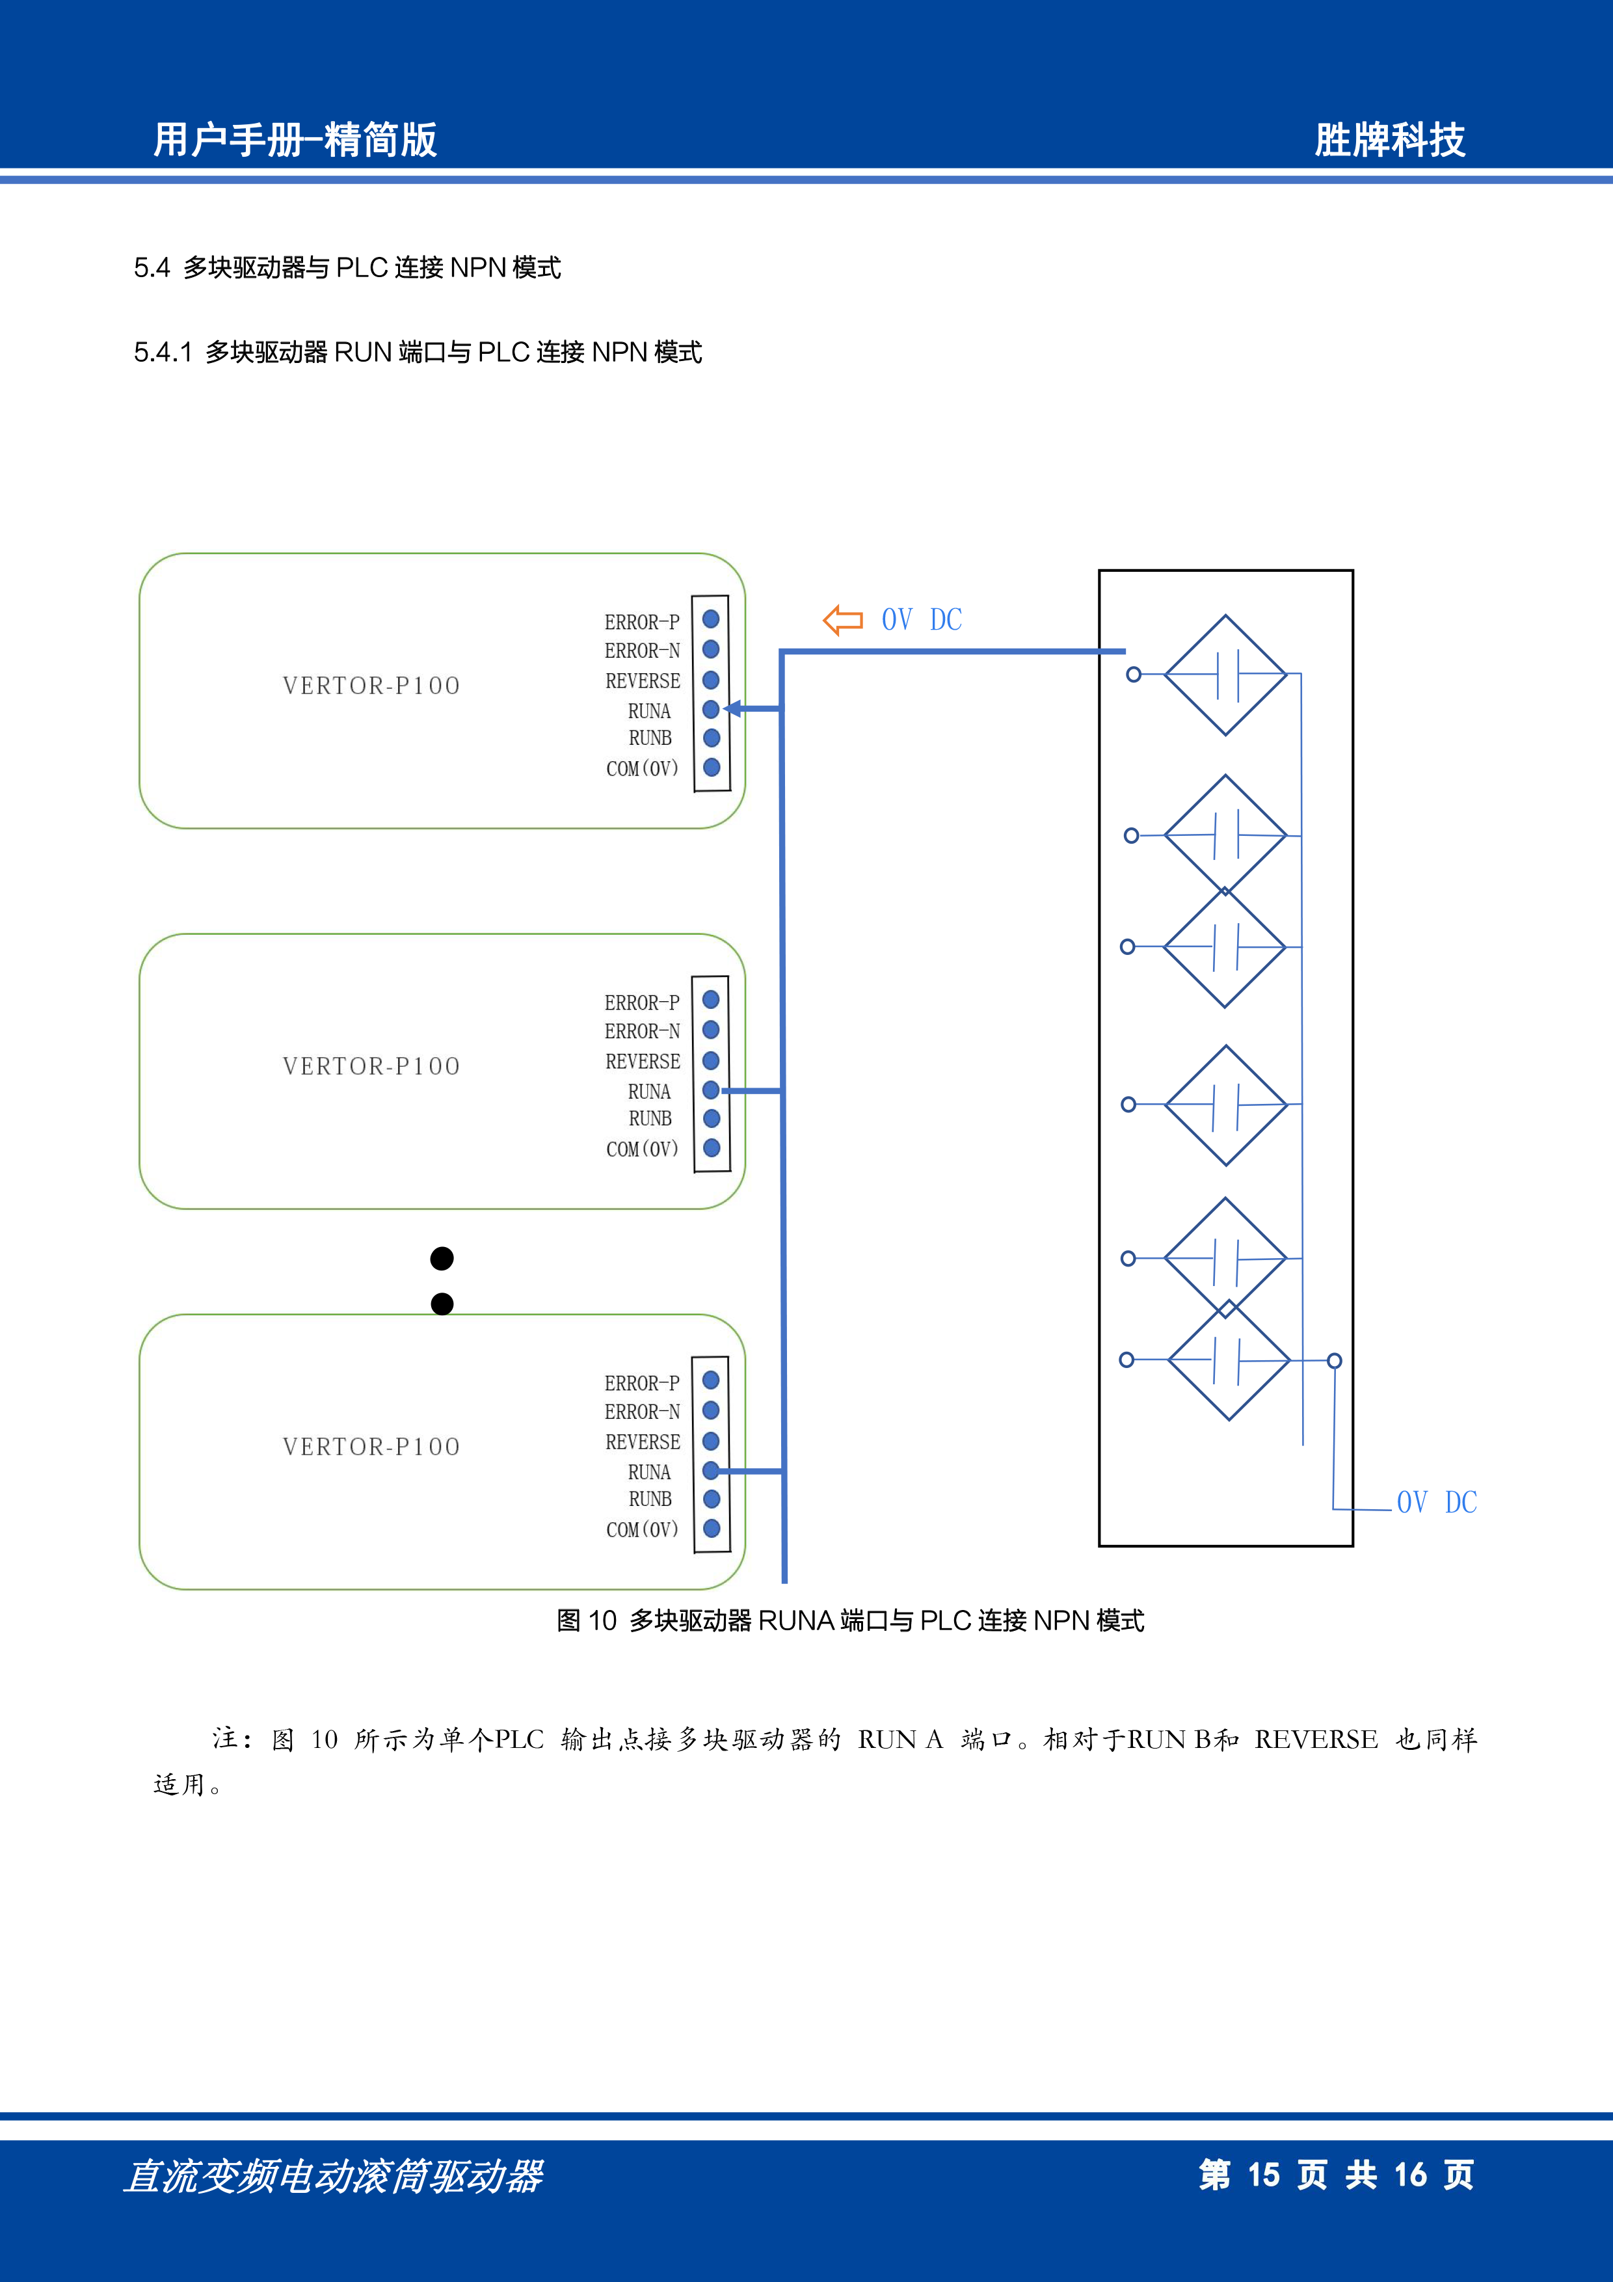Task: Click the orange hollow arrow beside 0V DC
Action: tap(843, 620)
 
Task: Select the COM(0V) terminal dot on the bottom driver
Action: tap(712, 1529)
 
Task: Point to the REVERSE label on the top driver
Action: tap(643, 682)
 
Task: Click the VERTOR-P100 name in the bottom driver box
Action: tap(371, 1447)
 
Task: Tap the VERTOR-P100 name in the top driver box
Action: tap(371, 686)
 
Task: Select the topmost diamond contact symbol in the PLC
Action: tap(1225, 675)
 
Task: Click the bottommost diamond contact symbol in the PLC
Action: tap(1229, 1360)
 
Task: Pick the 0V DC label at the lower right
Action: tap(1437, 1503)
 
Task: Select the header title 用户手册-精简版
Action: tap(295, 140)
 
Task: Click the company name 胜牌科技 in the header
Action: tap(1389, 140)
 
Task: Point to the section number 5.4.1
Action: tap(163, 353)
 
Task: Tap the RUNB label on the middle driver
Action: tap(650, 1119)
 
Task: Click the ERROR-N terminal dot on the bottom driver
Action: tap(711, 1410)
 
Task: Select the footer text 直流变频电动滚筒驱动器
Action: tap(334, 2177)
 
